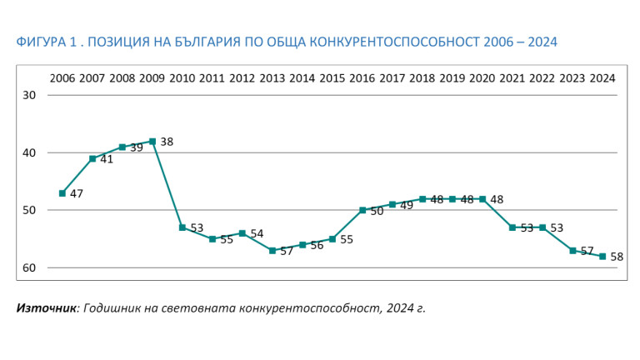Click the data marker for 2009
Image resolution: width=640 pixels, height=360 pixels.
tap(152, 142)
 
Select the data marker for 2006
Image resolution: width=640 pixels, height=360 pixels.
tap(62, 193)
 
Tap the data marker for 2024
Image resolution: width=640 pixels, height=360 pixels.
tap(602, 257)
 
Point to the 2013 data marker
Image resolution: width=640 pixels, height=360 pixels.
tap(272, 250)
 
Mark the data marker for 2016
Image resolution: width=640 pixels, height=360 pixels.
tap(362, 210)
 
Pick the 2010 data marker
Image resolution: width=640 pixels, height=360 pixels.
tap(182, 227)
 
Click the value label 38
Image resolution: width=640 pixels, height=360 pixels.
tap(167, 142)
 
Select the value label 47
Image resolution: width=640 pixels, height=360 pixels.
tap(77, 194)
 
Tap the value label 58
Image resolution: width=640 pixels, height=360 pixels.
tap(617, 257)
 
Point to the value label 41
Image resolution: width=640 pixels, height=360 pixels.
tap(107, 159)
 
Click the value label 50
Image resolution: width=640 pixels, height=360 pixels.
tap(377, 212)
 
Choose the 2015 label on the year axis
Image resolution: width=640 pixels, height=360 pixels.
tap(332, 78)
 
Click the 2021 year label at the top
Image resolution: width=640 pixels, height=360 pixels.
tap(512, 78)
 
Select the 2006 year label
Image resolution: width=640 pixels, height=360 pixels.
tap(62, 78)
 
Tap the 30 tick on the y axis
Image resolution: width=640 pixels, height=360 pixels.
tap(29, 95)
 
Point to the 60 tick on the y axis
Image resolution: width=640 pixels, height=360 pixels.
tap(29, 267)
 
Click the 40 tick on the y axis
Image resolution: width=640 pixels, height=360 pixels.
tap(29, 152)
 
